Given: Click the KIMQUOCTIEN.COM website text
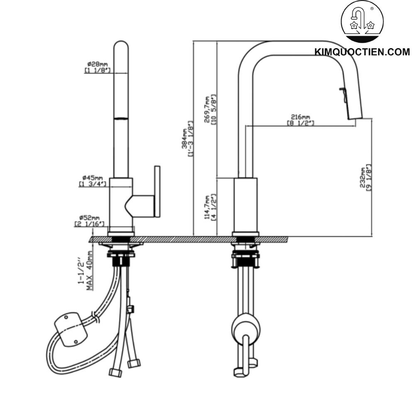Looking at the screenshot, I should [x=362, y=52].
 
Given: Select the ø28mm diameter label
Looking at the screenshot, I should [x=97, y=64].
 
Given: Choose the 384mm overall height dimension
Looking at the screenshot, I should [x=187, y=138].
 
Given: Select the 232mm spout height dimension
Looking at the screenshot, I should [x=363, y=177].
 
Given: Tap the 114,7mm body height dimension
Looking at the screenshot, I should [x=207, y=206].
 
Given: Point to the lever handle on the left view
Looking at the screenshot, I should [x=156, y=191].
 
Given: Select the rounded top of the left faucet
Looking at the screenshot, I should [x=121, y=46].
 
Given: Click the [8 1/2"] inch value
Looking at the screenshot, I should [x=300, y=123].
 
